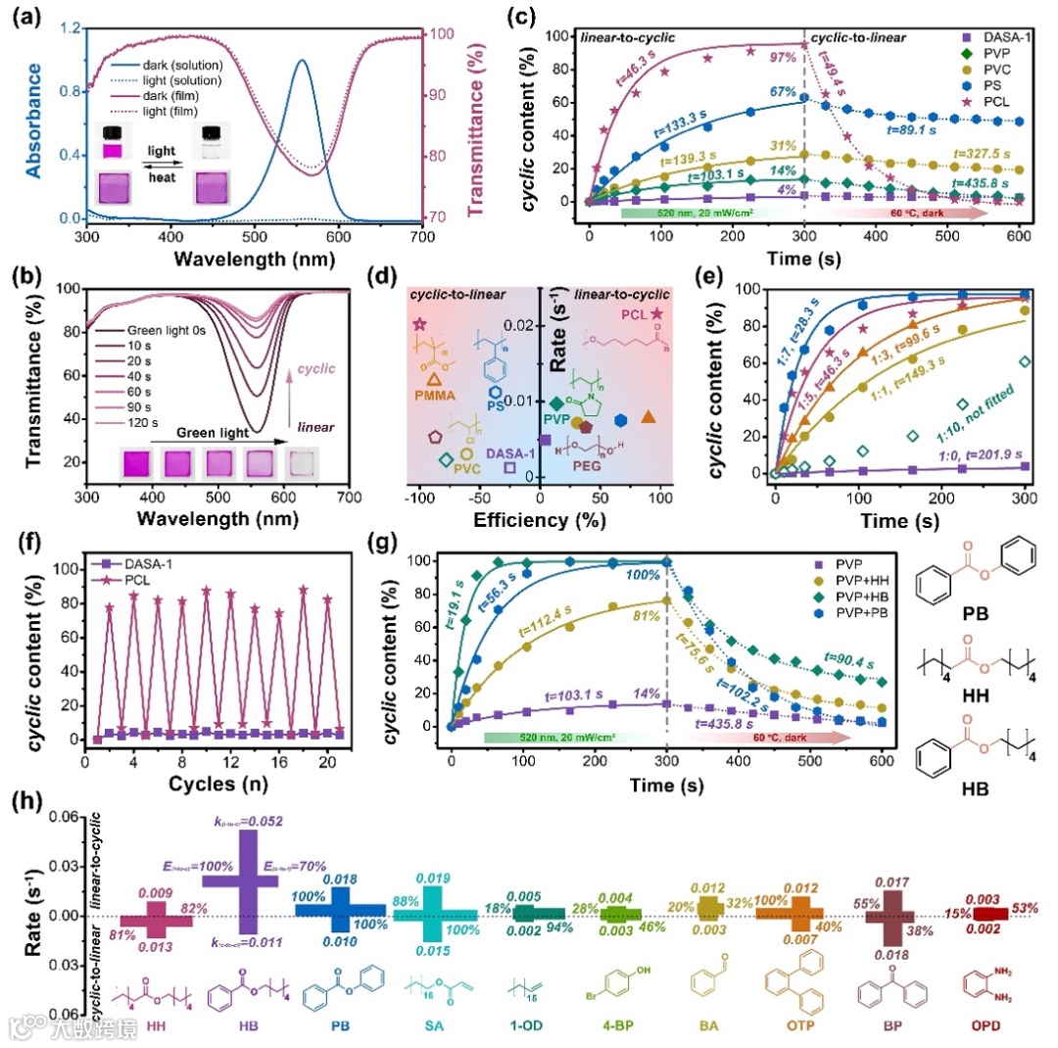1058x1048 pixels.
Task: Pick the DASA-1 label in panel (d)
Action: click(x=507, y=451)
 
